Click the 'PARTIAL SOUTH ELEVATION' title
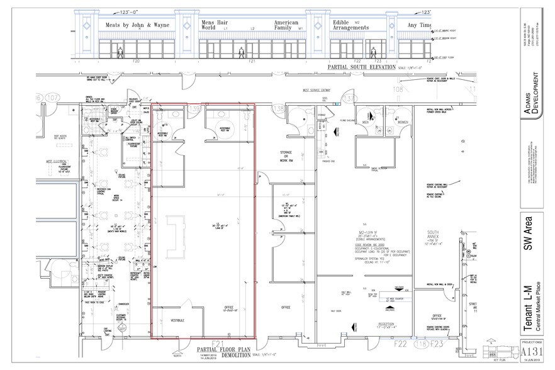pos(361,67)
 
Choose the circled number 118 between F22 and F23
pos(416,344)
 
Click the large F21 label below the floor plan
pos(218,343)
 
